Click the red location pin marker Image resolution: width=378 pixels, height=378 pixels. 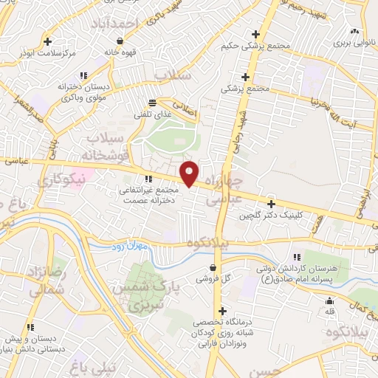[190, 173]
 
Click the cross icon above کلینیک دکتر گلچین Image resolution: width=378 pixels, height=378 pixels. [272, 204]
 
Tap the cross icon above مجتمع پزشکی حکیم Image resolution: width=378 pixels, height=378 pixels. [255, 34]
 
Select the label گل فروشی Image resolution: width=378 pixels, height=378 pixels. [213, 280]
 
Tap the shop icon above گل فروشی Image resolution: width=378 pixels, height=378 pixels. [213, 267]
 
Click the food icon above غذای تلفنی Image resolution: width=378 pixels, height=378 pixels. [152, 103]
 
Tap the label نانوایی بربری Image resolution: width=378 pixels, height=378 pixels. [353, 44]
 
